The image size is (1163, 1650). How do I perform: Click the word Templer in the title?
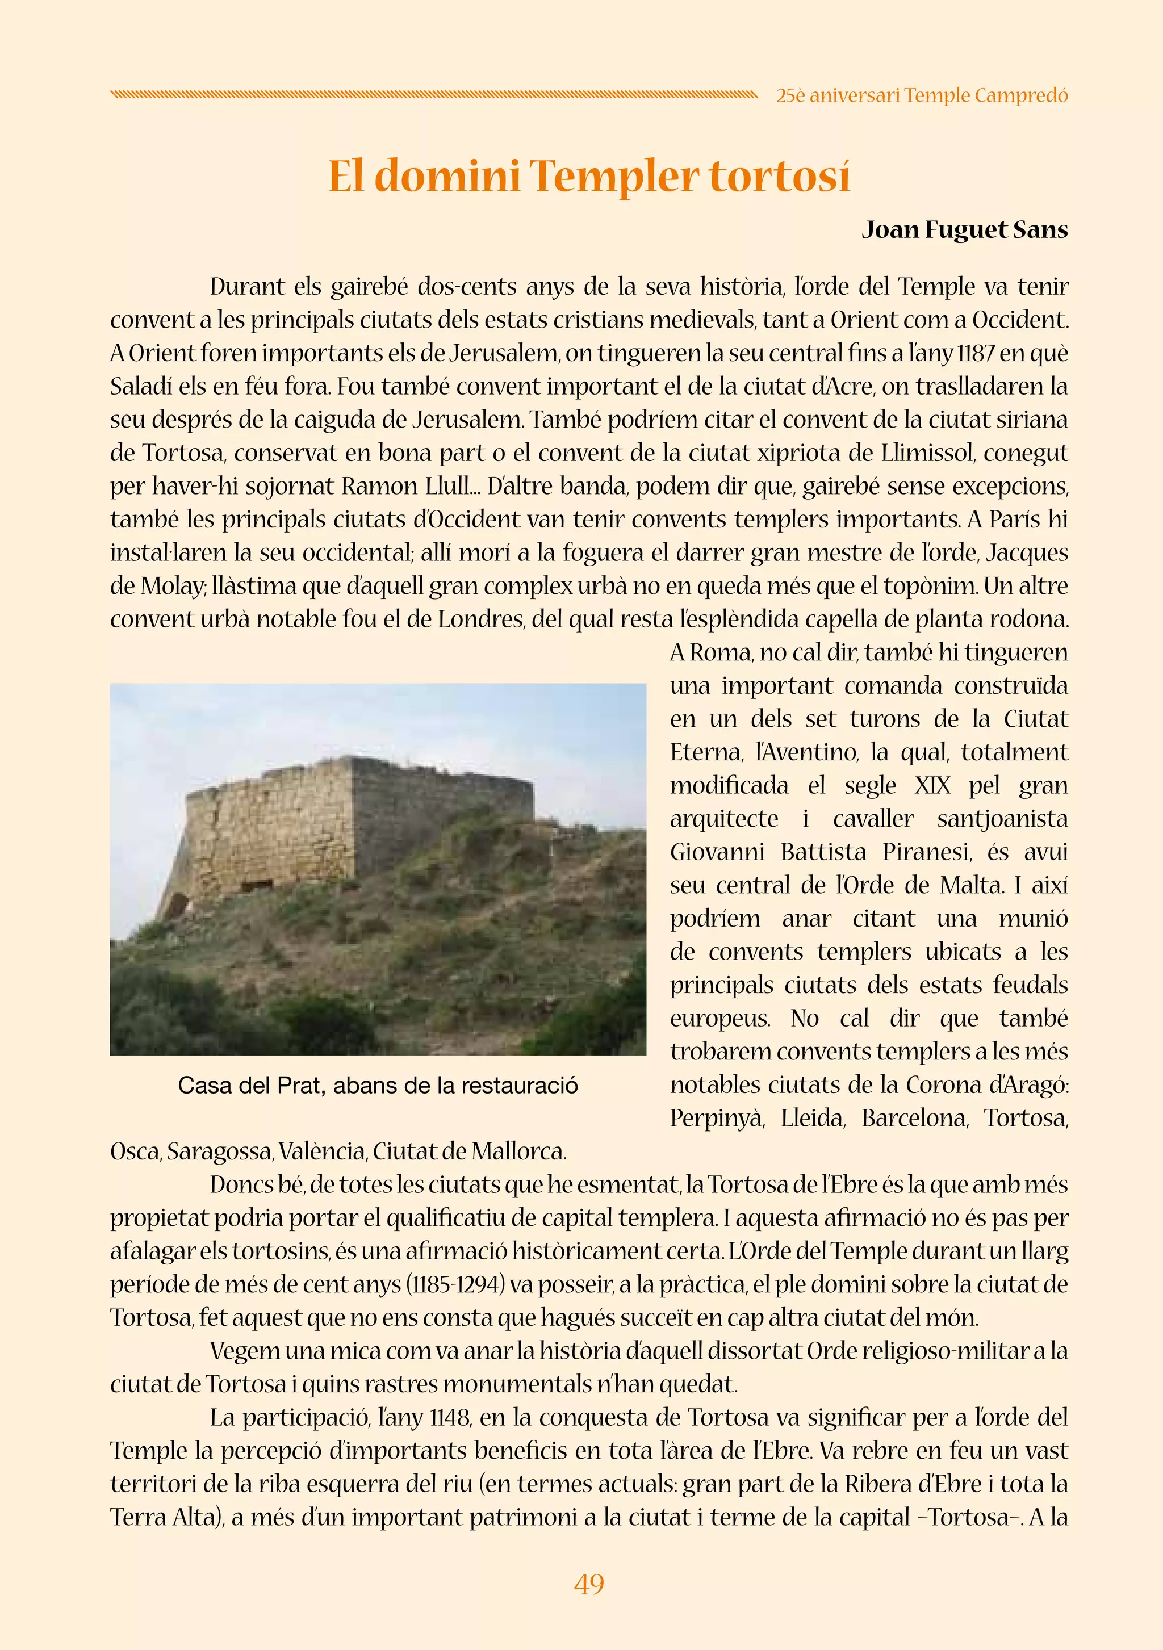[615, 177]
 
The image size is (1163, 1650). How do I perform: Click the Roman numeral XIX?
[932, 785]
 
